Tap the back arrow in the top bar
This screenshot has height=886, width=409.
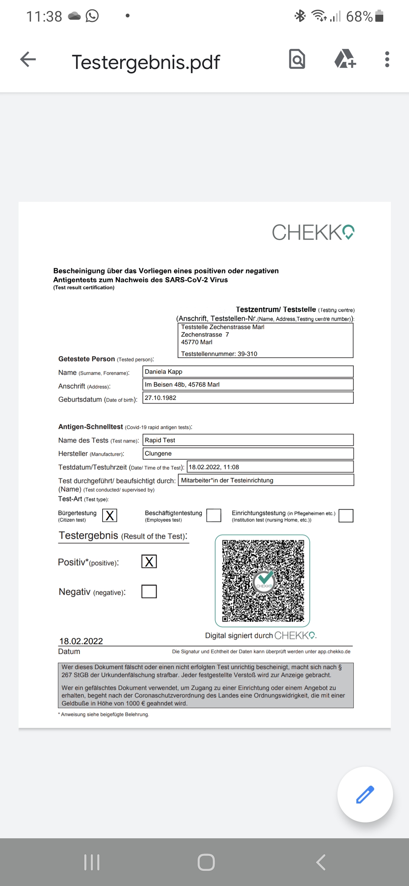tap(28, 59)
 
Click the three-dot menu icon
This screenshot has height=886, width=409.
tap(387, 59)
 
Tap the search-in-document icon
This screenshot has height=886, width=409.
tap(297, 59)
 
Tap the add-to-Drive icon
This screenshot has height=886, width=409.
tap(345, 59)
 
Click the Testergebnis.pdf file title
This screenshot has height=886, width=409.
tap(146, 62)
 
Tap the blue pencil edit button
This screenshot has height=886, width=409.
tap(365, 794)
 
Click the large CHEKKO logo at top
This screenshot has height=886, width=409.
tap(313, 232)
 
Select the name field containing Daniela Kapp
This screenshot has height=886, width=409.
tap(248, 371)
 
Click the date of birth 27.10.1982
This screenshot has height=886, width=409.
tap(161, 398)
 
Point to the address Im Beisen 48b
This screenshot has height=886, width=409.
tap(182, 384)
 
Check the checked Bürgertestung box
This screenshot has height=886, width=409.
tap(110, 515)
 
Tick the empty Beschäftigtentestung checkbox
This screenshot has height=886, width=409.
tap(214, 515)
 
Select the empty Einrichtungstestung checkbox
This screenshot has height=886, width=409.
tap(346, 516)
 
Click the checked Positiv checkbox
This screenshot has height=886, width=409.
tap(149, 562)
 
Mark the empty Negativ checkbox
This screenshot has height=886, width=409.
tap(149, 591)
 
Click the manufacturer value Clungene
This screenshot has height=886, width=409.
tap(158, 453)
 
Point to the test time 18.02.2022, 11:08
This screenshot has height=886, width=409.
tap(214, 467)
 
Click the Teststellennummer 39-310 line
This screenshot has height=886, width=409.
tap(219, 354)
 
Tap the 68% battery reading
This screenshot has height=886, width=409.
tap(359, 16)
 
